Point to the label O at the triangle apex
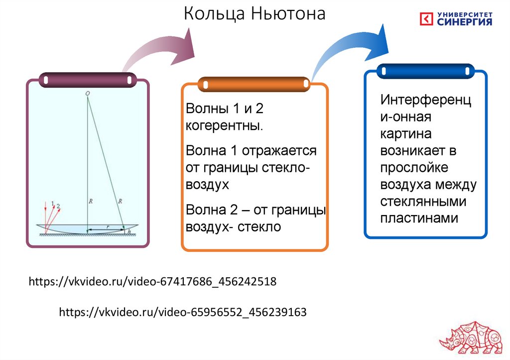(x=88, y=93)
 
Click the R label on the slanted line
(x=120, y=201)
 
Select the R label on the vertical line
(x=91, y=201)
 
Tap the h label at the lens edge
(x=129, y=232)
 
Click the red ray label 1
(x=52, y=203)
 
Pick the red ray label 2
(x=58, y=206)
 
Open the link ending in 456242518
(x=152, y=282)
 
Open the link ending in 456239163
(x=183, y=312)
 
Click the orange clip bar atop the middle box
(x=254, y=84)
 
